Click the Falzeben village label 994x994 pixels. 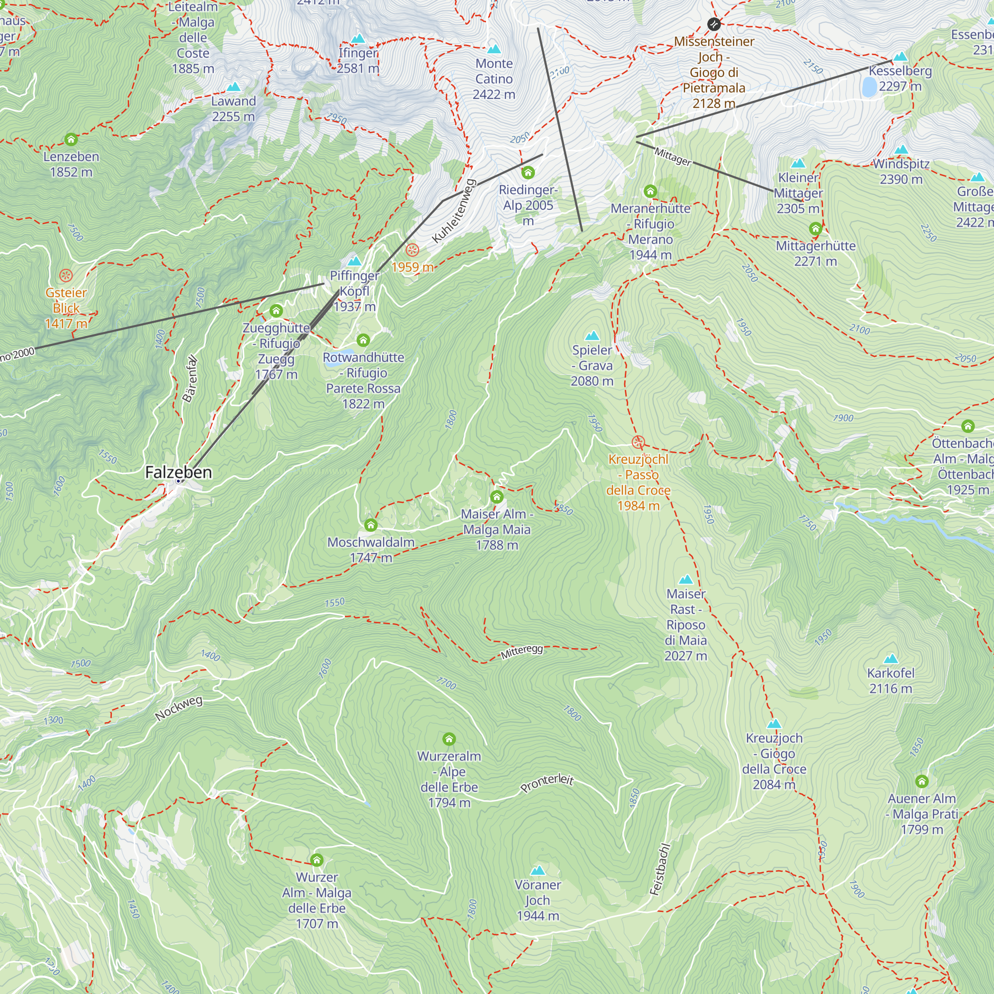(178, 472)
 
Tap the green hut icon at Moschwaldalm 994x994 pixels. (370, 525)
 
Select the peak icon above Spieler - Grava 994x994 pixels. (592, 336)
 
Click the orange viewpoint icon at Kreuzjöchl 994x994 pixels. (638, 442)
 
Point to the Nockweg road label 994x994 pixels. (178, 708)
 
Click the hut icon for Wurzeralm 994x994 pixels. (449, 740)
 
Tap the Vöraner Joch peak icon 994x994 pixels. (538, 871)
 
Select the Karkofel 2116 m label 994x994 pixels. (891, 681)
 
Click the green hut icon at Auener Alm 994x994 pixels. (921, 782)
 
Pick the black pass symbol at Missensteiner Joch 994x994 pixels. (714, 24)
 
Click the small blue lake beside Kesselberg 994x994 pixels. (869, 87)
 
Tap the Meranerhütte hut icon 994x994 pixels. (650, 191)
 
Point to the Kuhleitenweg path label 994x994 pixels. (454, 211)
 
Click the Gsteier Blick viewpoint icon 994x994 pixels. (66, 275)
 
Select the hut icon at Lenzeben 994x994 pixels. (71, 140)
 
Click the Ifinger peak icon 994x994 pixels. (357, 39)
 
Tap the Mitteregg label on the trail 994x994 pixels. (522, 652)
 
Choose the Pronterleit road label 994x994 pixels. (547, 783)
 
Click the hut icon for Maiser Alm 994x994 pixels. (497, 497)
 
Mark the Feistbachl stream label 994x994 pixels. (660, 869)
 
